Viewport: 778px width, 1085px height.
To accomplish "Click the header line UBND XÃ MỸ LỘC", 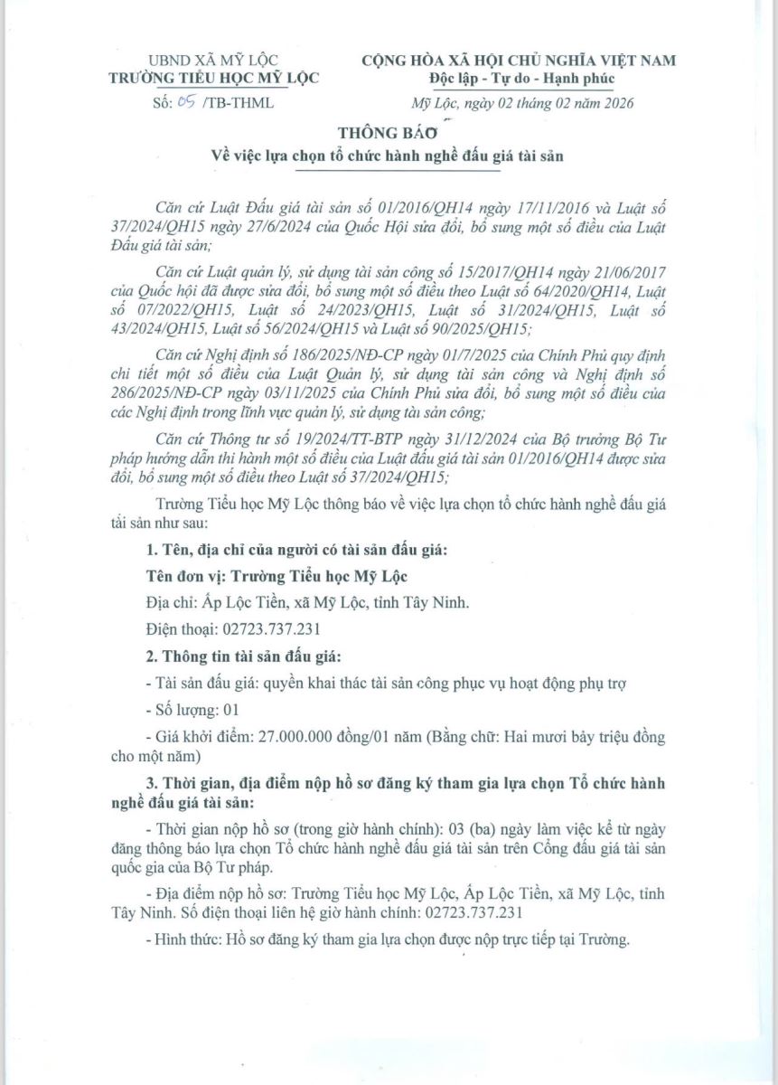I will (213, 61).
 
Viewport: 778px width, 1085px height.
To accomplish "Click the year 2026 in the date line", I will (615, 103).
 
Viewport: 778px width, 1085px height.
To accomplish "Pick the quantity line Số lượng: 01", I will (189, 710).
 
